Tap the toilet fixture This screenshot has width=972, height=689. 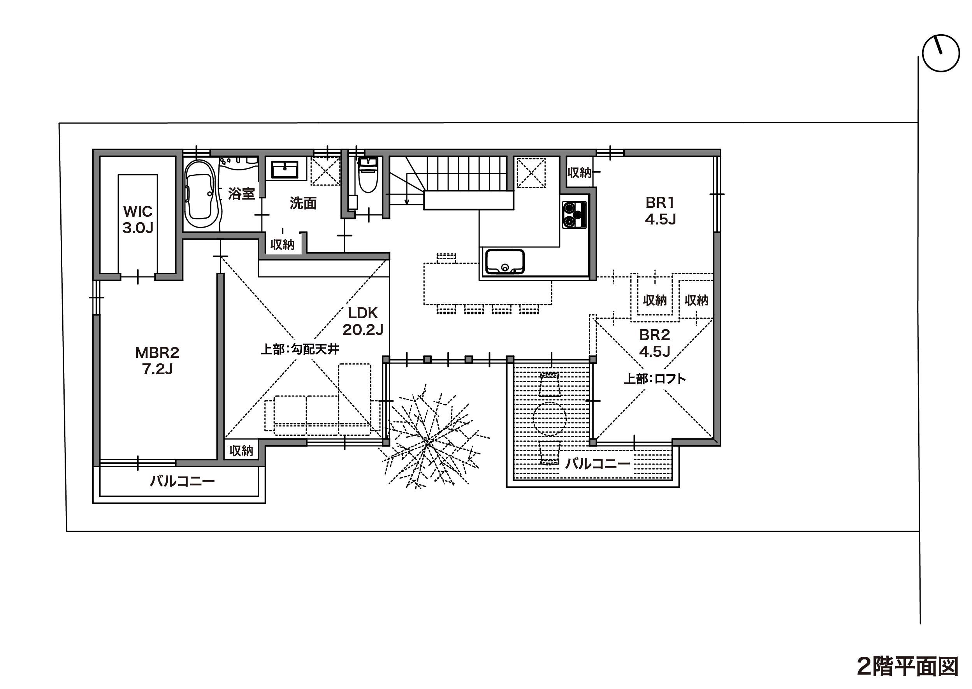(x=367, y=175)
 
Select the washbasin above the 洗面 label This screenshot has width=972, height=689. (x=285, y=168)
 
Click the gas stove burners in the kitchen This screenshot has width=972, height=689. (x=574, y=215)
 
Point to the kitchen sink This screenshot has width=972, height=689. (x=504, y=262)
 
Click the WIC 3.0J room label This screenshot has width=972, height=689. (x=137, y=219)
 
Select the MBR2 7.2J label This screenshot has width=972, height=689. (x=157, y=361)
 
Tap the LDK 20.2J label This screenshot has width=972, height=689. (x=363, y=321)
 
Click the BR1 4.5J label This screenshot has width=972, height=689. (x=660, y=211)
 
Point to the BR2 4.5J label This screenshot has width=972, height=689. (x=654, y=343)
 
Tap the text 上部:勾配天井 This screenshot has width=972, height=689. (x=300, y=349)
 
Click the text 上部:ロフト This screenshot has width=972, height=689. (x=654, y=379)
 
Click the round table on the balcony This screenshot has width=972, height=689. (x=550, y=418)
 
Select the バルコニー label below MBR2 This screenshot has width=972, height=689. (x=182, y=481)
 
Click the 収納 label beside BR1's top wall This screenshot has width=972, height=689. (x=579, y=173)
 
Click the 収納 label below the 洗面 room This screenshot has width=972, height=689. (x=282, y=245)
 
